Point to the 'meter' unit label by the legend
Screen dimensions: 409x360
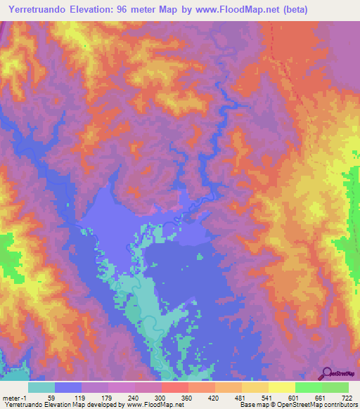(x=11, y=397)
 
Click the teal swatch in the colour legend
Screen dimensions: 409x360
(x=41, y=387)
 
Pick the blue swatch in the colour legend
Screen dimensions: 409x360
(x=68, y=387)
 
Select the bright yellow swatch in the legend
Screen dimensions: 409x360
(x=282, y=387)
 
